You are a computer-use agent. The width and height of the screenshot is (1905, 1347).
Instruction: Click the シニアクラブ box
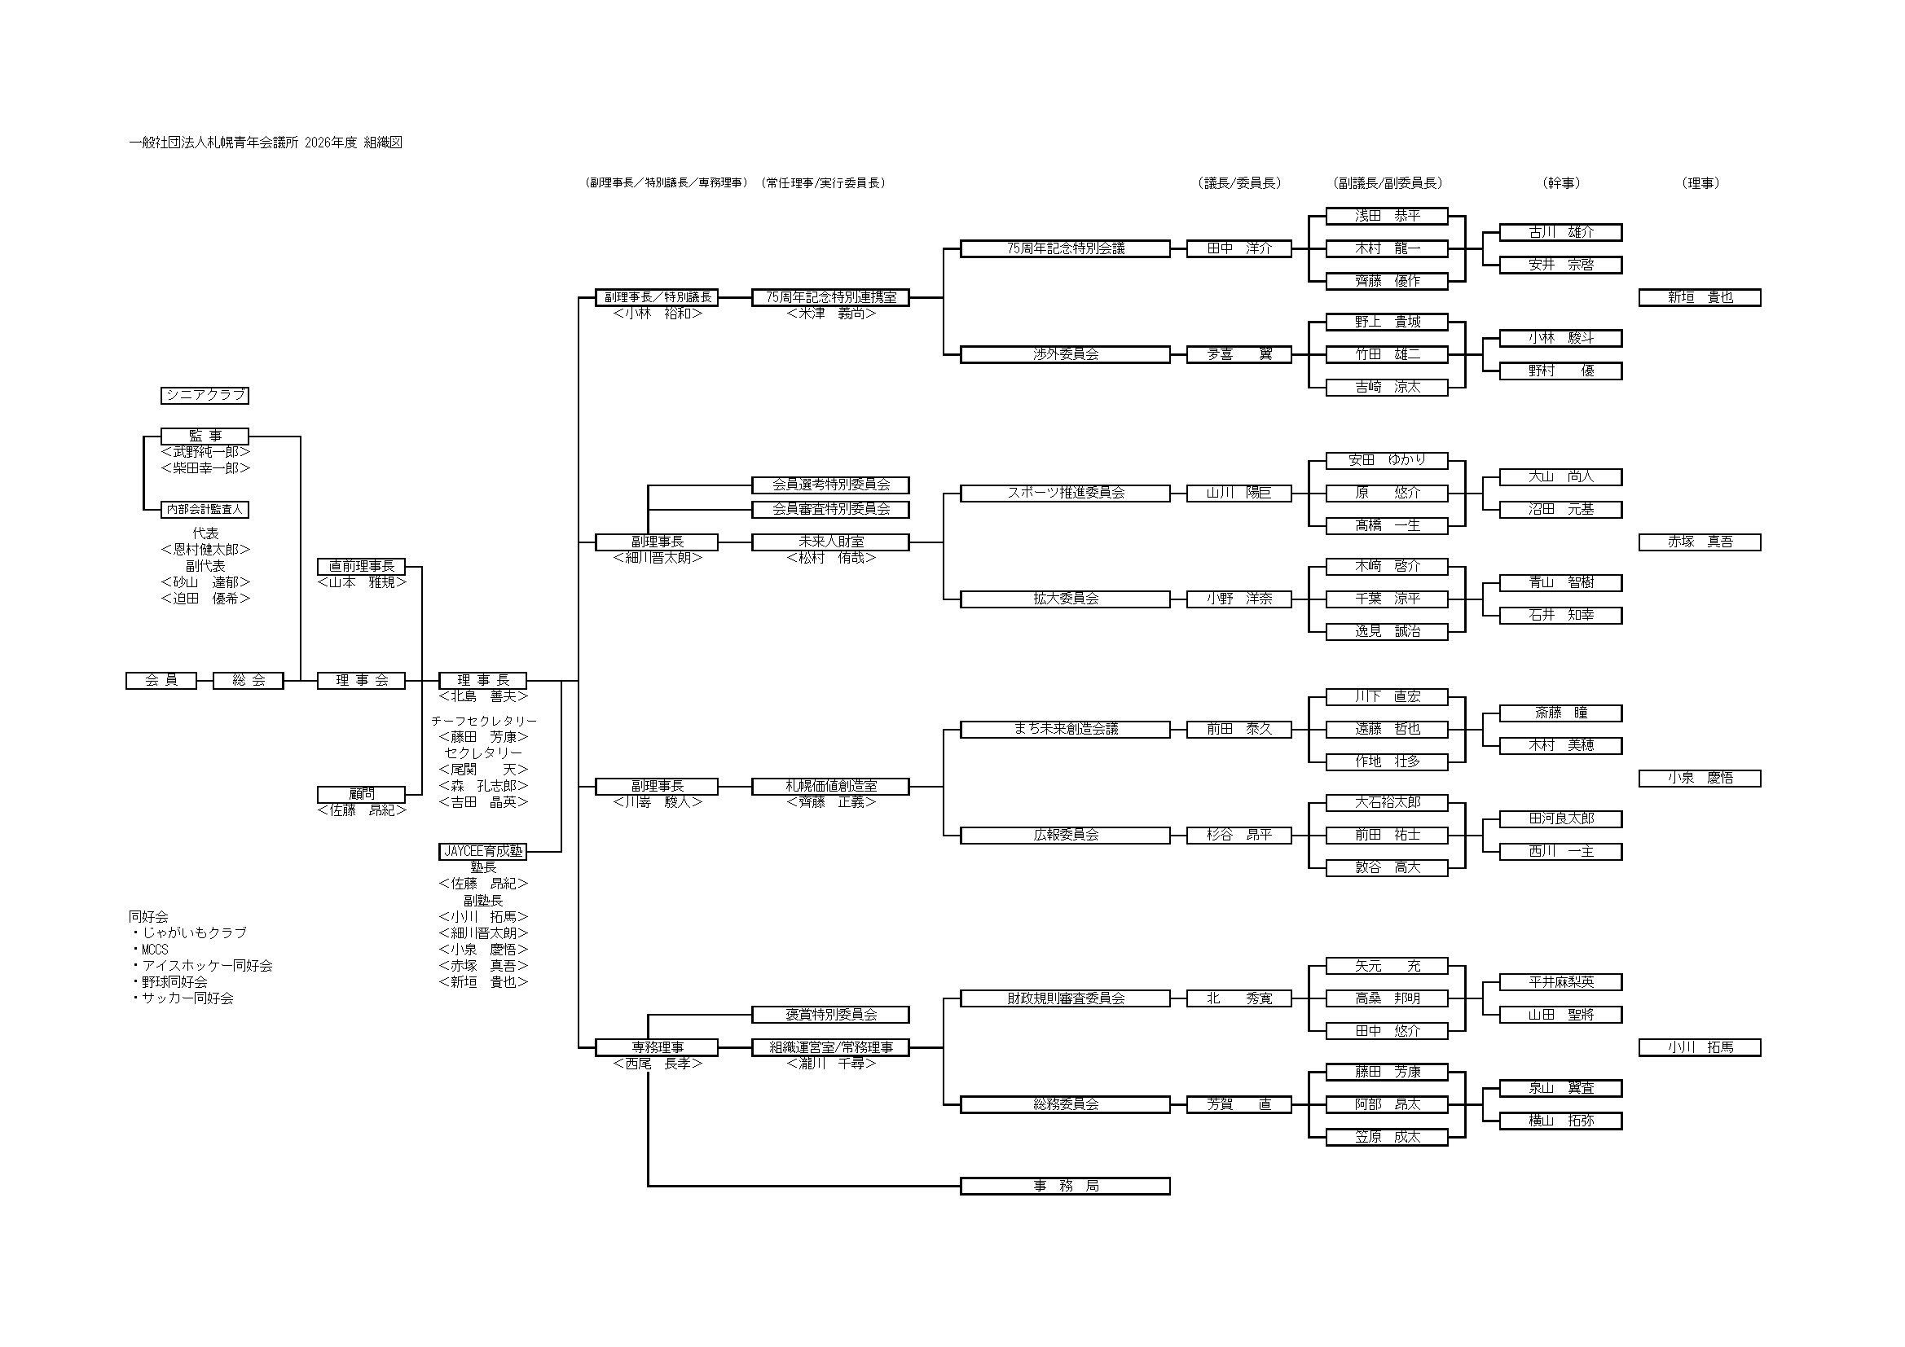pyautogui.click(x=205, y=396)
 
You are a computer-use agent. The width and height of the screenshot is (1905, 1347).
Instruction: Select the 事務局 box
pyautogui.click(x=1065, y=1186)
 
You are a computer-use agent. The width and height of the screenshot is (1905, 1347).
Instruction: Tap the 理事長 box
pyautogui.click(x=482, y=681)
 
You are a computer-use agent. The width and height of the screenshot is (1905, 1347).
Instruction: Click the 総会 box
pyautogui.click(x=248, y=681)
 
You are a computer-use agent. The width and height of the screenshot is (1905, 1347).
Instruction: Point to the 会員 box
pyautogui.click(x=161, y=681)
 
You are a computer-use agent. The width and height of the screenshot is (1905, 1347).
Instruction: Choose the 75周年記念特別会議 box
pyautogui.click(x=1065, y=248)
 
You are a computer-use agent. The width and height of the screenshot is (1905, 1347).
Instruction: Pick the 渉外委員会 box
pyautogui.click(x=1065, y=354)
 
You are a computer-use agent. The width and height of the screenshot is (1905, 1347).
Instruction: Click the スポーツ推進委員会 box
pyautogui.click(x=1065, y=493)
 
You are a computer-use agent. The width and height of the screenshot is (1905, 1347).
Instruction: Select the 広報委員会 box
pyautogui.click(x=1065, y=836)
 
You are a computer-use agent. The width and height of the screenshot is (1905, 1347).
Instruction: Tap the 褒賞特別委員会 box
pyautogui.click(x=830, y=1015)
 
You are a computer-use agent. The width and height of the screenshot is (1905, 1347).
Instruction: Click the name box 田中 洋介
pyautogui.click(x=1238, y=248)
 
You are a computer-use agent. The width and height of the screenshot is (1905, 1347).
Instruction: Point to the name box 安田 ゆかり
pyautogui.click(x=1387, y=460)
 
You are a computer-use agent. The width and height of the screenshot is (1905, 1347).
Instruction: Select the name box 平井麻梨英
pyautogui.click(x=1560, y=982)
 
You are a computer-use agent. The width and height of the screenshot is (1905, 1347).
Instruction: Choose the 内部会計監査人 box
pyautogui.click(x=205, y=509)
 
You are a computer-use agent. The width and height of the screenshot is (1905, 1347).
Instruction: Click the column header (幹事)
pyautogui.click(x=1560, y=183)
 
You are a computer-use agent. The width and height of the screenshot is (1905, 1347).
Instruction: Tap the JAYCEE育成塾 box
pyautogui.click(x=482, y=851)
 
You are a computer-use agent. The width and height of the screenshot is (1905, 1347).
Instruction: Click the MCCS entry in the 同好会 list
pyautogui.click(x=154, y=950)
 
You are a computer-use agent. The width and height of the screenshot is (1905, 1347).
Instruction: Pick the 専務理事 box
pyautogui.click(x=657, y=1047)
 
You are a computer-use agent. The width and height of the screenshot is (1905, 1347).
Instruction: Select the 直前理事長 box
pyautogui.click(x=361, y=567)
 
